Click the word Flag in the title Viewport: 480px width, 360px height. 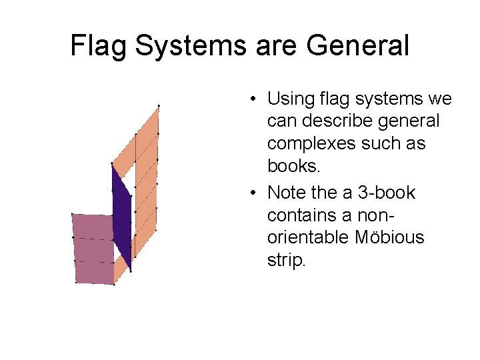coord(97,46)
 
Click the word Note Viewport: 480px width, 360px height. coord(285,193)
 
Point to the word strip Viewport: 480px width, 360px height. coord(286,260)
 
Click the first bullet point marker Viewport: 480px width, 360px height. coord(255,100)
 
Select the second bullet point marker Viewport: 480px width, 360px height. coord(255,193)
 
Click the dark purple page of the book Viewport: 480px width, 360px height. coord(123,213)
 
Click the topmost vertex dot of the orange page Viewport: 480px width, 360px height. coord(159,105)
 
